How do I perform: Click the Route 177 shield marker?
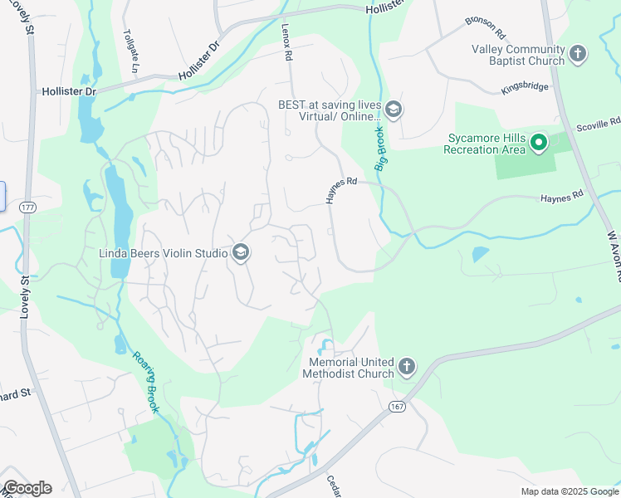coord(27,207)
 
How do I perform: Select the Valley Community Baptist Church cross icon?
coord(578,56)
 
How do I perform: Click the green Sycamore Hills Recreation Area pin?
coord(539,144)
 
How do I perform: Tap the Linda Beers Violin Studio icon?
coord(241,253)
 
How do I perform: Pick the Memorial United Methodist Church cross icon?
coord(406,367)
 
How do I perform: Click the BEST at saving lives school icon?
coord(394,110)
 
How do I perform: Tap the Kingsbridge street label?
coord(526,87)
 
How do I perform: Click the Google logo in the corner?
coord(27,488)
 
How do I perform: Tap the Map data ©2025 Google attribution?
coord(569,491)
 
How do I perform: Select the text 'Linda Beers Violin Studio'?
coord(164,253)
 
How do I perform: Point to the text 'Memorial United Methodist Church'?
coord(350,368)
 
